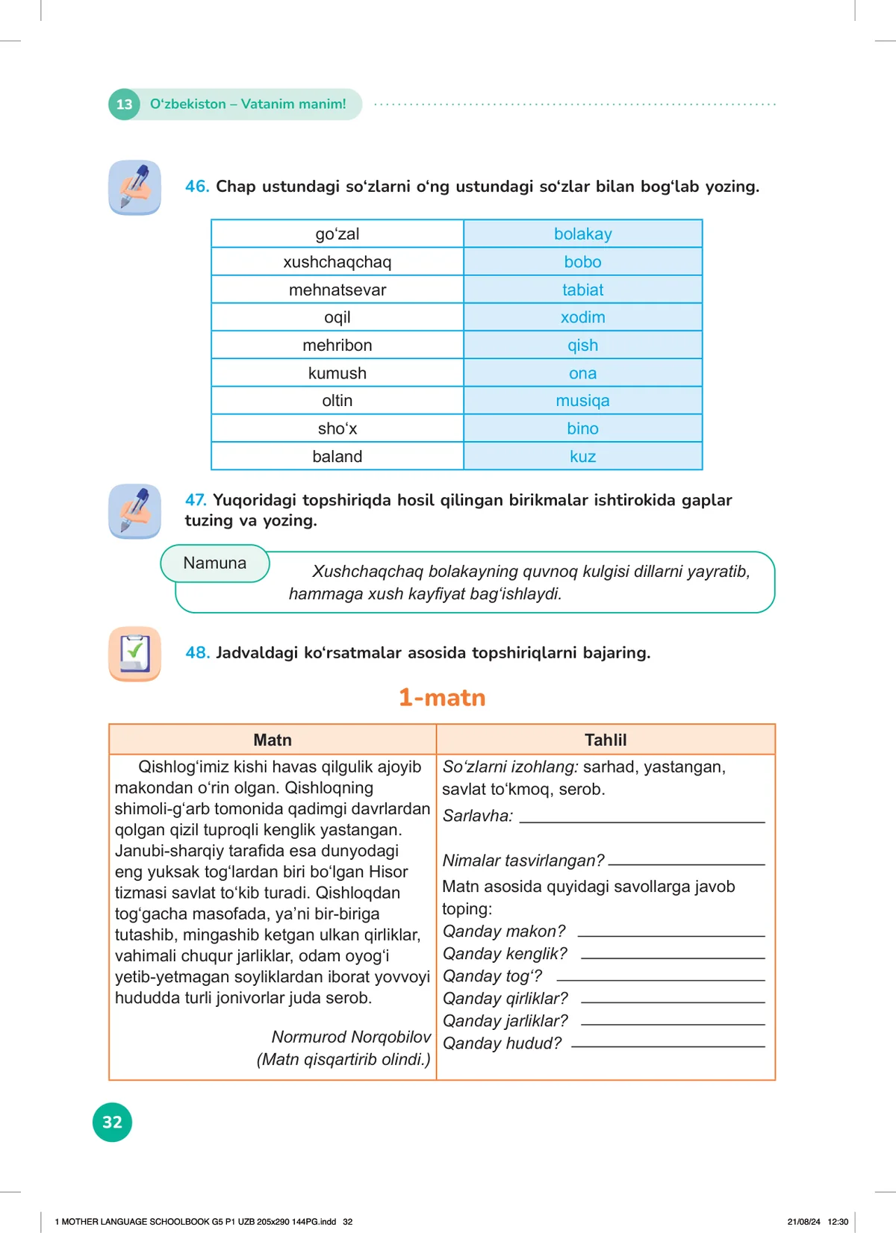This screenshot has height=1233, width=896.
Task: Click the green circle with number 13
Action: [x=124, y=104]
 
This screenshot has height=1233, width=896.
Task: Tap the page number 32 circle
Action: [x=112, y=1122]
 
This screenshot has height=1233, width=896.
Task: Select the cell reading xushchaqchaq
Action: [x=337, y=262]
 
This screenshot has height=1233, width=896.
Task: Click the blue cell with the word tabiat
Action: [x=582, y=290]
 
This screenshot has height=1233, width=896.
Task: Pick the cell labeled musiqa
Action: [x=582, y=401]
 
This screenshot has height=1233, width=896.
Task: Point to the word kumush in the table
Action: [x=337, y=373]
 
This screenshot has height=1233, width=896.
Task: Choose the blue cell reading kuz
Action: [x=582, y=457]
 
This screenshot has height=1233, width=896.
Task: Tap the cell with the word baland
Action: [x=337, y=457]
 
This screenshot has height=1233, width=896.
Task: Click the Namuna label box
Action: [x=215, y=564]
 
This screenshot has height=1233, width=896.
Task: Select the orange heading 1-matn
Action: [x=442, y=698]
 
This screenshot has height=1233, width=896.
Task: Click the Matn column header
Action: [x=273, y=740]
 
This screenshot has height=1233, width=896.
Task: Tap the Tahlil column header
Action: [x=606, y=740]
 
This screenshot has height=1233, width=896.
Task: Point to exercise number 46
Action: [x=196, y=187]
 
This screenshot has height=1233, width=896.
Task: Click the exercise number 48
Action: [x=197, y=653]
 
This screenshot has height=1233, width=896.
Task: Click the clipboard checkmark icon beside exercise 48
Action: [x=135, y=654]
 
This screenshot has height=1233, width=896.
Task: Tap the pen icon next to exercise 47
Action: [x=135, y=511]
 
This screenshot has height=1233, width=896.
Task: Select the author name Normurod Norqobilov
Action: [x=351, y=1037]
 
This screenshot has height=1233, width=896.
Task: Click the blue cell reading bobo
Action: [x=582, y=262]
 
